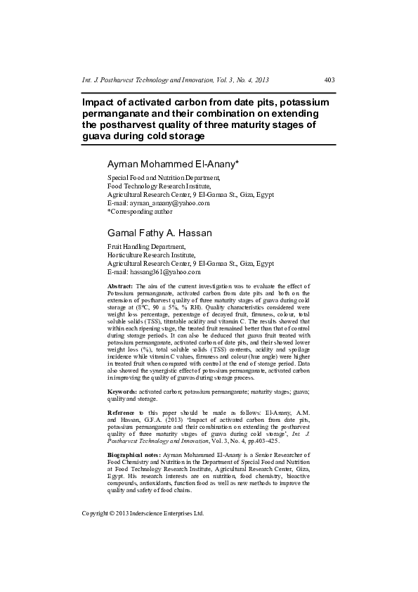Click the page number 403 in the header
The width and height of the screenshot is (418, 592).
click(x=329, y=81)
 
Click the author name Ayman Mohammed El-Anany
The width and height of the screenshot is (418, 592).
click(x=173, y=164)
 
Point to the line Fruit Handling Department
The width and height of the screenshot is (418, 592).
click(x=146, y=247)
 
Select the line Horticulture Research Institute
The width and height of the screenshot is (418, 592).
click(x=150, y=255)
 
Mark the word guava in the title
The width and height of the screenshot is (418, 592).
click(x=98, y=136)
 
